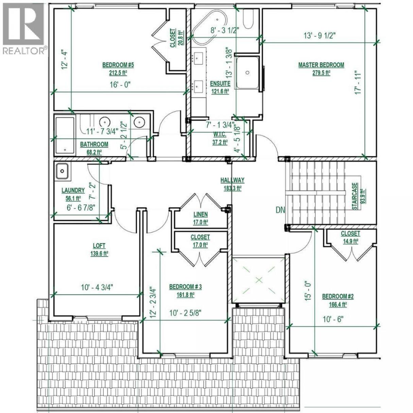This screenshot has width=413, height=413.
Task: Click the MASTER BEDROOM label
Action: tap(321, 65)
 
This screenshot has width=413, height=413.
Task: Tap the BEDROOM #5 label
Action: tap(118, 65)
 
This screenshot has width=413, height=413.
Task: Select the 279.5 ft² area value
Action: tap(321, 73)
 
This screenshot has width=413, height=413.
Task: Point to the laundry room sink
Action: tap(62, 171)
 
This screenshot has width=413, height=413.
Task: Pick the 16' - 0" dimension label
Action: tap(120, 85)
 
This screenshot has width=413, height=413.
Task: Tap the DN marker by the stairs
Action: tap(280, 210)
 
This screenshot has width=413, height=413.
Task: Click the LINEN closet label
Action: tap(201, 214)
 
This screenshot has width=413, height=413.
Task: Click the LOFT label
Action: tap(99, 246)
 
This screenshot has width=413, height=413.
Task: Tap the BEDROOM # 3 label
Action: tap(185, 287)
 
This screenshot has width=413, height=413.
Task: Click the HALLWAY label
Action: tap(233, 180)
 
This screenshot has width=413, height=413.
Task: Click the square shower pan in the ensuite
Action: tap(247, 72)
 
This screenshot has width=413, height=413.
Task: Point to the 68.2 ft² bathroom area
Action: tap(94, 152)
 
